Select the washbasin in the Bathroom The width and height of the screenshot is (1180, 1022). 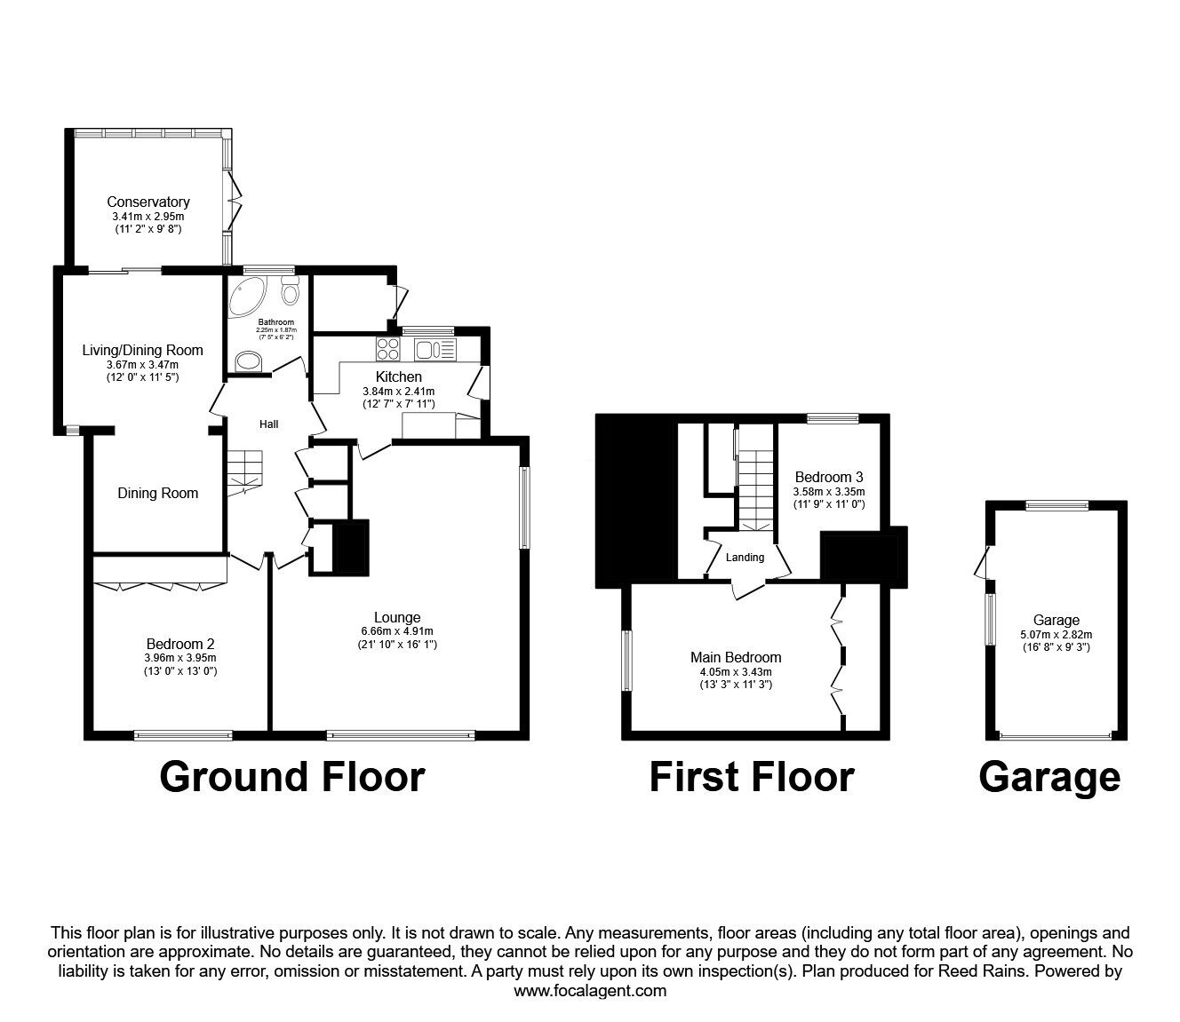[x=249, y=360]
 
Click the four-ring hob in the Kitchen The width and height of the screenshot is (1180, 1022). [x=388, y=348]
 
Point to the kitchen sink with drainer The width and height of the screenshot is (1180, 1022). [x=435, y=349]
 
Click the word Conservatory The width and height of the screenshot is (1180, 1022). [x=148, y=202]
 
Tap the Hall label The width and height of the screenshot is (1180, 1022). [x=268, y=424]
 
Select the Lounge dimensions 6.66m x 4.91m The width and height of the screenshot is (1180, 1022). [x=397, y=632]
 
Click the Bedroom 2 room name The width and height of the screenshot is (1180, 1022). [x=180, y=644]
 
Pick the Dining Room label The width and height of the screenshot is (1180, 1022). [x=158, y=493]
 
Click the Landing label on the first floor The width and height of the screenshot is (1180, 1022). [x=745, y=558]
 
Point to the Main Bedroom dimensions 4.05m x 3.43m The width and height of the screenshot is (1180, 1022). [x=736, y=671]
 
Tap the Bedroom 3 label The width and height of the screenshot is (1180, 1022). [x=829, y=477]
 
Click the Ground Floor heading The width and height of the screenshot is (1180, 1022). [x=292, y=776]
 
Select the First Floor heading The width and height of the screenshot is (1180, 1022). [x=752, y=776]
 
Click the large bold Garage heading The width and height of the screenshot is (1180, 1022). [x=1049, y=776]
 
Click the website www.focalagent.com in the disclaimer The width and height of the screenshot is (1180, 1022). [x=590, y=991]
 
